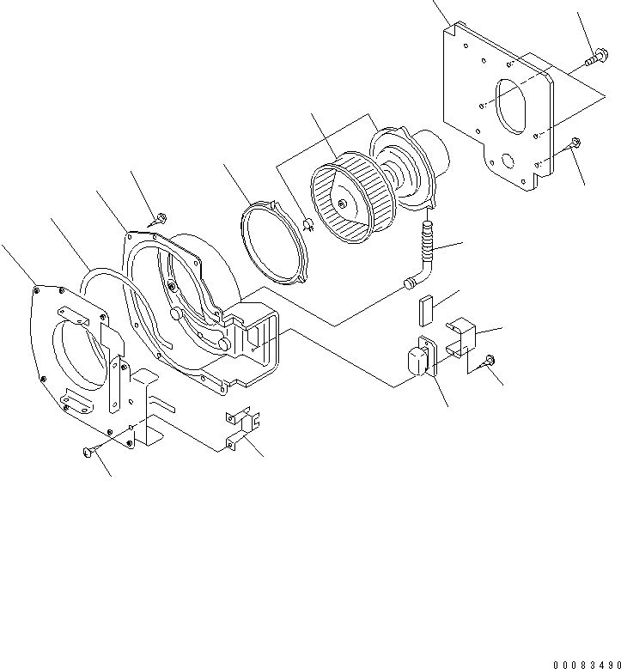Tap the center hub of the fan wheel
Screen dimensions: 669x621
coord(343,204)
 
